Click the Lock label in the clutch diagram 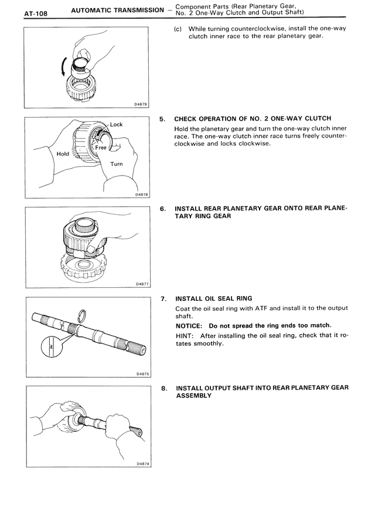117,125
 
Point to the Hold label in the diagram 62,154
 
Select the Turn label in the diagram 117,164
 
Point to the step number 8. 164,387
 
